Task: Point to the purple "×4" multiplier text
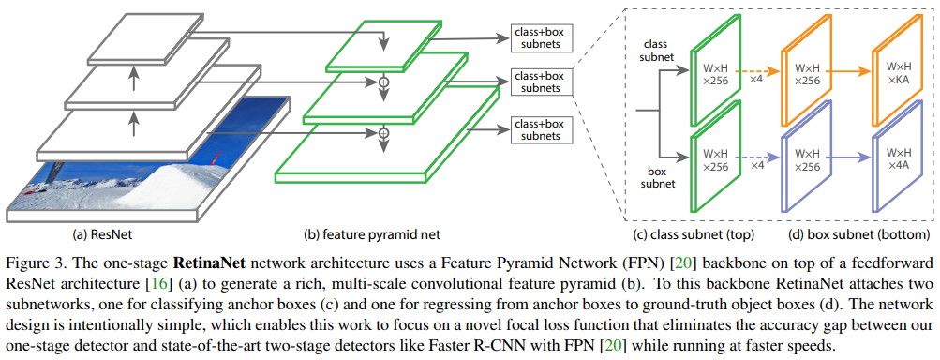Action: click(x=754, y=165)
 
